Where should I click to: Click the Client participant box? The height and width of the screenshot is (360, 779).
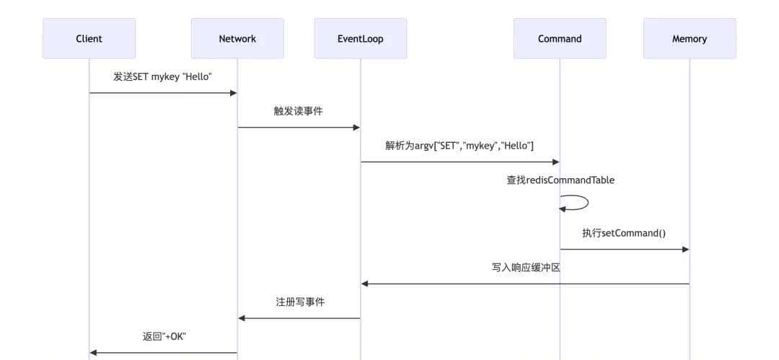tap(89, 39)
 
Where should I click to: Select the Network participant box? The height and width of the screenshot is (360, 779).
tap(237, 39)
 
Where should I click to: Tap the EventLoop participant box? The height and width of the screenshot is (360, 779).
tap(360, 39)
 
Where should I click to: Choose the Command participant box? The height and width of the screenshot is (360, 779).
tap(560, 39)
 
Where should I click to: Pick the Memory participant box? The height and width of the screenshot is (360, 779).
tap(690, 39)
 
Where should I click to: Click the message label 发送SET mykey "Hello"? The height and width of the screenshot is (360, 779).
tap(162, 76)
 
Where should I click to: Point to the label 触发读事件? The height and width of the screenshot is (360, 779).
tap(298, 111)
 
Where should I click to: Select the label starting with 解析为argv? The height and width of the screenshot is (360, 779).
tap(459, 146)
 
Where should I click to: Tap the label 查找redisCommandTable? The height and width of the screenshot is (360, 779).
tap(560, 180)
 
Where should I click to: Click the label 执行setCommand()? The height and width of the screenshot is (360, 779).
tap(624, 233)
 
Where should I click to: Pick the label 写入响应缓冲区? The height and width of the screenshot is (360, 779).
tap(526, 268)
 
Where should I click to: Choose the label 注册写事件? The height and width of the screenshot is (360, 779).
tap(300, 302)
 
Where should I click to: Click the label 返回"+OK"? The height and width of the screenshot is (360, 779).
tap(164, 336)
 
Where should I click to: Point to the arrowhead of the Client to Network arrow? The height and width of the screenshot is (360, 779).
tap(233, 93)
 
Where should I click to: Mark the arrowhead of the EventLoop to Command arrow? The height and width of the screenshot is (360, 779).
tap(555, 162)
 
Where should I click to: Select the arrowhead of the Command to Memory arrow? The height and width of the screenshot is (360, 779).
tap(685, 250)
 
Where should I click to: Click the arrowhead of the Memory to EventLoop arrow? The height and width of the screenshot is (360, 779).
tap(365, 284)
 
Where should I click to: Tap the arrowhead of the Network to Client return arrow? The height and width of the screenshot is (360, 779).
tap(94, 353)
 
